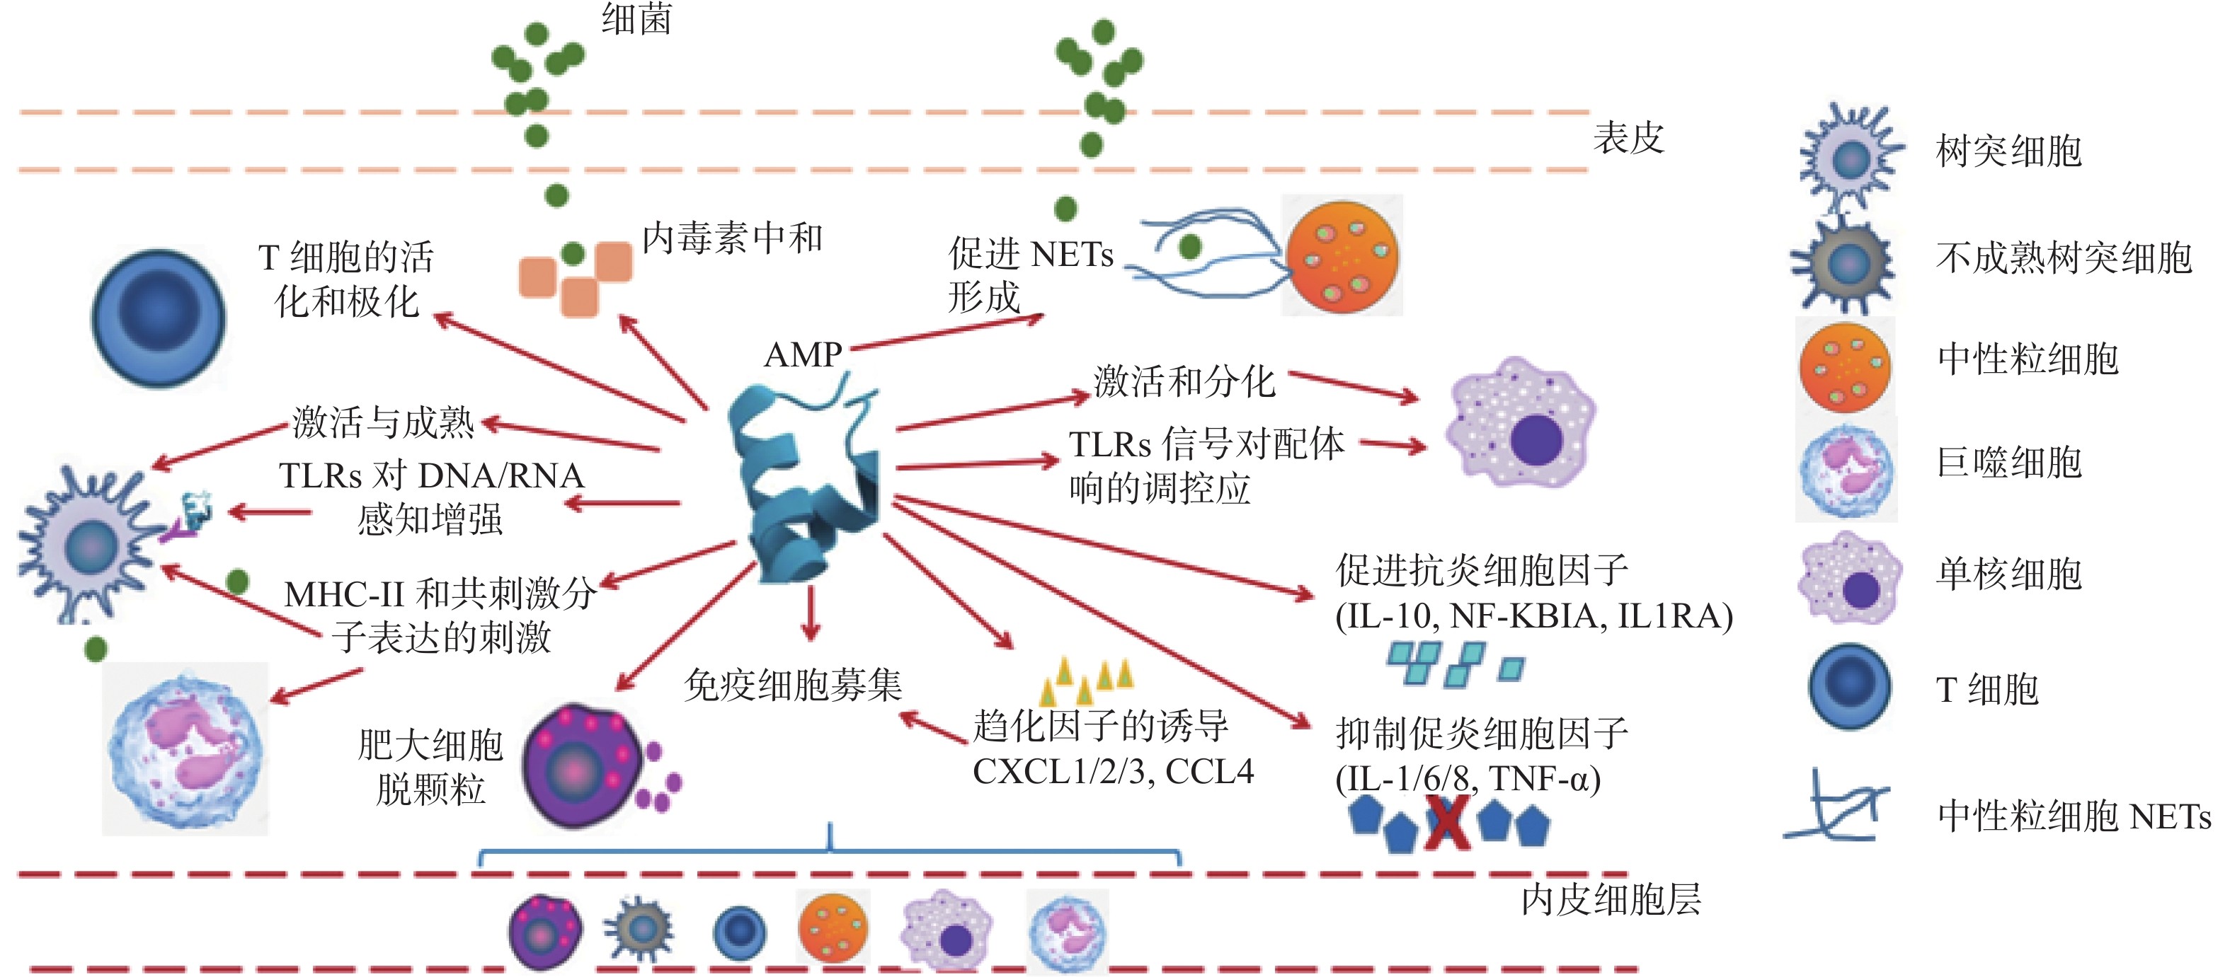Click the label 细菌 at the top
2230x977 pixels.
click(636, 19)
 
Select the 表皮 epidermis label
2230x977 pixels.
click(1628, 139)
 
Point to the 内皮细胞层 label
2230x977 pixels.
click(1610, 900)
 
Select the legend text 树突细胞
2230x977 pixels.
click(2008, 151)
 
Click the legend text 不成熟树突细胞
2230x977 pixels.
click(2064, 257)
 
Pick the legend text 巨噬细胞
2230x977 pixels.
click(2008, 462)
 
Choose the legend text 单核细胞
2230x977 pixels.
click(2008, 574)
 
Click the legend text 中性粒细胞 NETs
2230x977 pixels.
click(2074, 816)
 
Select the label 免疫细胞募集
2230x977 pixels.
click(792, 686)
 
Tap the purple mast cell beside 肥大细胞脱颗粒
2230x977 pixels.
click(580, 766)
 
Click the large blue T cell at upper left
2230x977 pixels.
click(159, 318)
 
